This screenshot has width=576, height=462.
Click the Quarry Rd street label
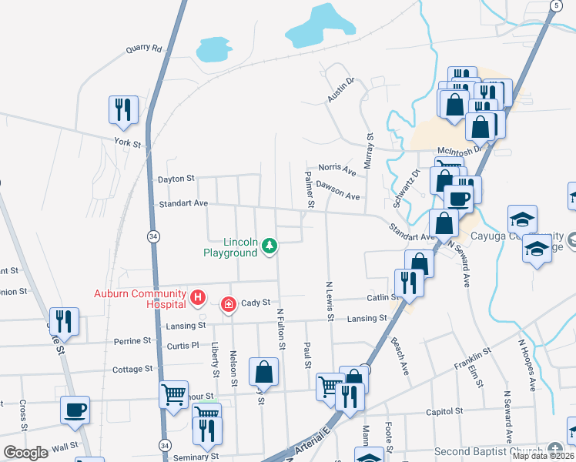click(145, 49)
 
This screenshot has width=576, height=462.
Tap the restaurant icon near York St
click(123, 110)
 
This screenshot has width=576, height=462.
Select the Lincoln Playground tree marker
click(269, 246)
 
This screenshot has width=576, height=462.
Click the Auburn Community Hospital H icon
click(198, 296)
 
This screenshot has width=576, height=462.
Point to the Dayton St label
click(176, 179)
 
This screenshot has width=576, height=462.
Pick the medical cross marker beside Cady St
click(228, 305)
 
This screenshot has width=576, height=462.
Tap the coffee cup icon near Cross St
click(75, 410)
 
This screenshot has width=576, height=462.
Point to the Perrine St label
click(132, 341)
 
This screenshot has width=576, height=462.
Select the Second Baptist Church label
click(488, 451)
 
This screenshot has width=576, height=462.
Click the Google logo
click(26, 452)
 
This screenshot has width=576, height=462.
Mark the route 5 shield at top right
click(554, 5)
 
